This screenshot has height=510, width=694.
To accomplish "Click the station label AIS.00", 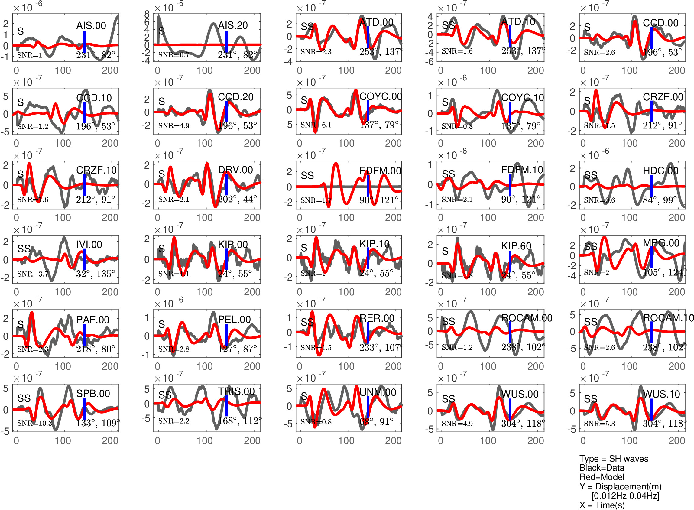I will click(91, 26).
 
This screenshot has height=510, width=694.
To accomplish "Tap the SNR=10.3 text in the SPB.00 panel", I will click(34, 423).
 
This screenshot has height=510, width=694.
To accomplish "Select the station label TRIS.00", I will click(236, 391).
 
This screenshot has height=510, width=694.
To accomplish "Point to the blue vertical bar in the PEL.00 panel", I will click(226, 335).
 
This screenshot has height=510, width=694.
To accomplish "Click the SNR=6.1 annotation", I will click(316, 125).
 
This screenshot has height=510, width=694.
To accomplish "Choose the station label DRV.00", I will click(235, 170).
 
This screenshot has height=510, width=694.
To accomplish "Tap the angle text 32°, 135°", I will click(96, 274).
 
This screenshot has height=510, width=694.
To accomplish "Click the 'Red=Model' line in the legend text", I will click(602, 477).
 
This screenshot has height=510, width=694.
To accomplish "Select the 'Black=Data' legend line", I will click(602, 468).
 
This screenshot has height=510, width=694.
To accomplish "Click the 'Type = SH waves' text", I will click(614, 459).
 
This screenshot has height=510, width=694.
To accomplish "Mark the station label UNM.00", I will click(378, 392).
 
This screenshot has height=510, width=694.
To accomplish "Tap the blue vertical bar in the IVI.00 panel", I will click(85, 259).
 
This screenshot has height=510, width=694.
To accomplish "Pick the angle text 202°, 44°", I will click(237, 199).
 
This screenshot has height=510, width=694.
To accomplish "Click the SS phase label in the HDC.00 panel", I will click(591, 175).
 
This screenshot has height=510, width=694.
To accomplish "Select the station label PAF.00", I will click(93, 320).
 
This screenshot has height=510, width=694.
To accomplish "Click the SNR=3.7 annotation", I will click(33, 274).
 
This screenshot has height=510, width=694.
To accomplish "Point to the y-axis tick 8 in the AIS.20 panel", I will click(147, 14).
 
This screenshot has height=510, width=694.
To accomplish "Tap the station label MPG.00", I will click(661, 243).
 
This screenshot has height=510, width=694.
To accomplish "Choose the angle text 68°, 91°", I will click(376, 422).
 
